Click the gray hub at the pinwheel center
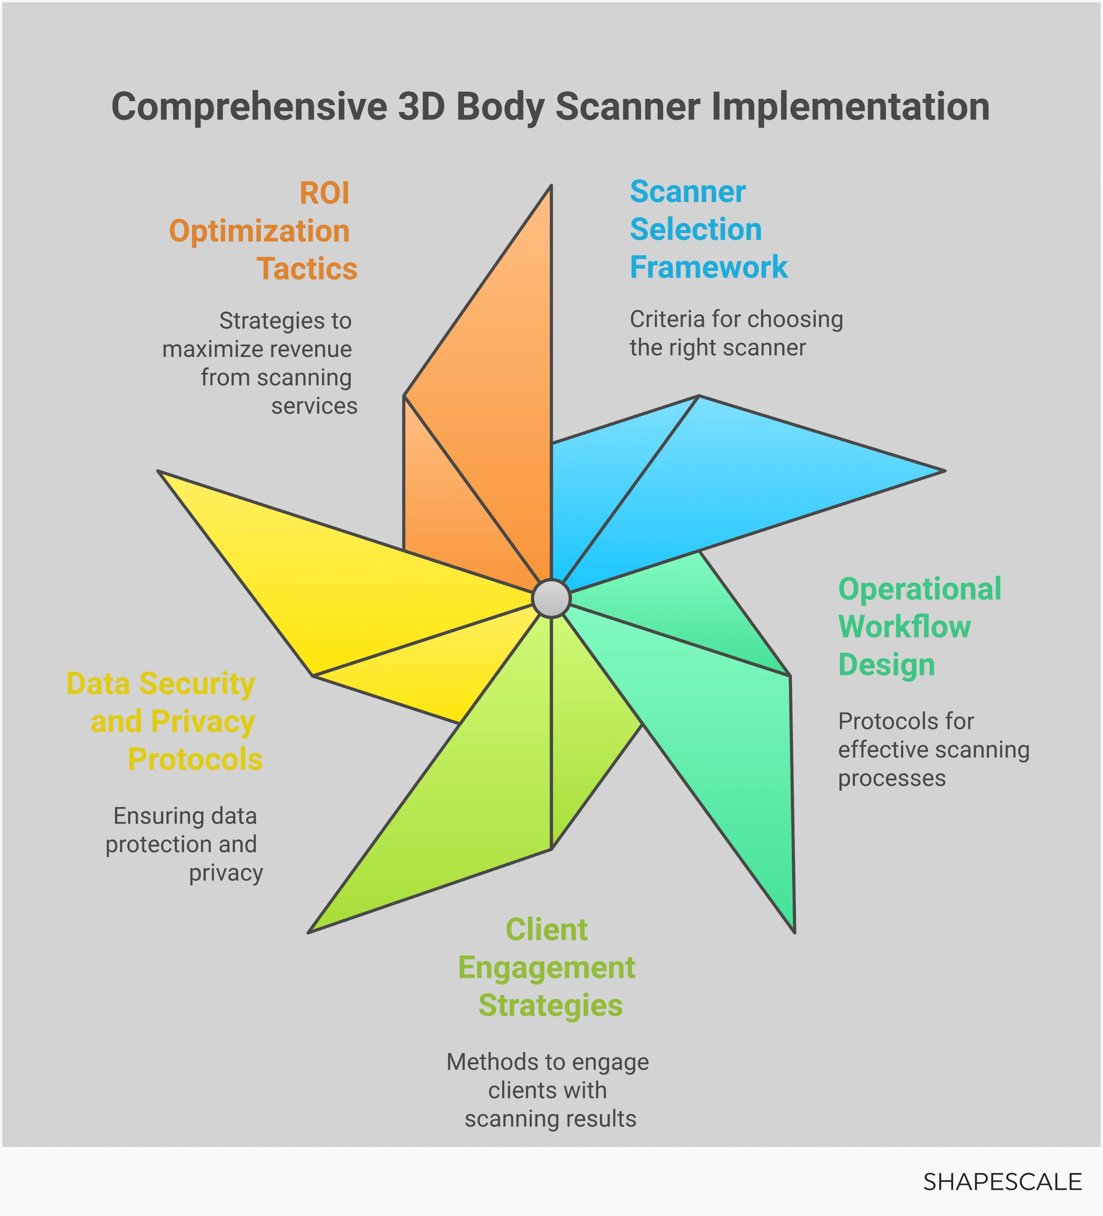tap(551, 599)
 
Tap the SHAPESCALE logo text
tap(1002, 1182)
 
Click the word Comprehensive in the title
tap(249, 107)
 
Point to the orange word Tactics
tap(307, 269)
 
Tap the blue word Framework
tap(709, 267)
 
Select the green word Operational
tap(920, 589)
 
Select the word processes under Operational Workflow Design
tap(892, 779)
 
